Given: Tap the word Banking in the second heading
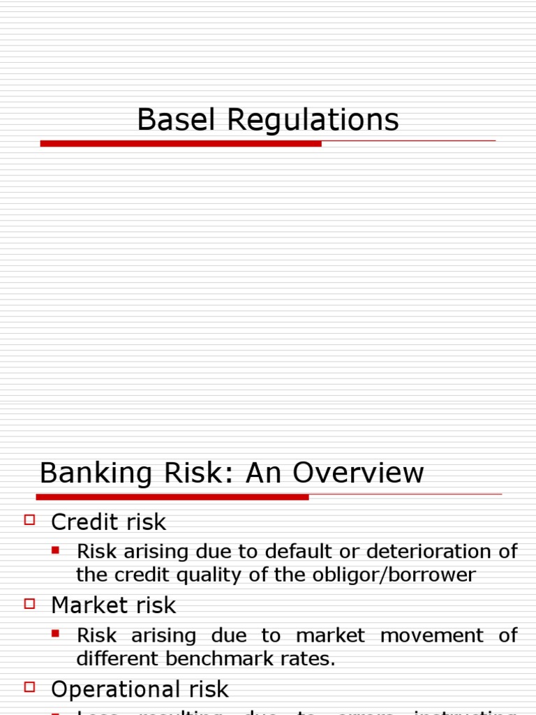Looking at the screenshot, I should click(93, 473).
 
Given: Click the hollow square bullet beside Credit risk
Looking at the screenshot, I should click(29, 519).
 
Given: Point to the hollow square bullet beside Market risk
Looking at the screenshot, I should click(29, 603).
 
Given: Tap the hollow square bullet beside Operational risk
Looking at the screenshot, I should click(29, 688).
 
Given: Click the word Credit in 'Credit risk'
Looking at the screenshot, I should click(81, 522).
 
